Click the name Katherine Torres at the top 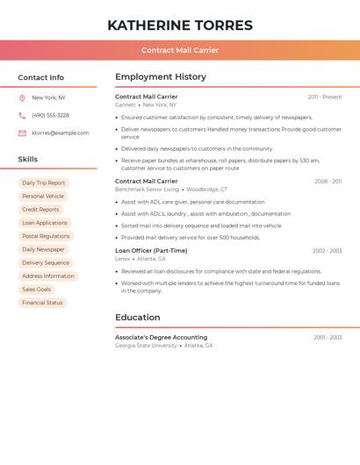(x=180, y=25)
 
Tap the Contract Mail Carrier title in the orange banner (x=180, y=50)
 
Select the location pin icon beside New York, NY (x=22, y=98)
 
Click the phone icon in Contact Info (x=22, y=116)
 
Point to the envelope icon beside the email (x=22, y=133)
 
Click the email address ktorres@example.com (x=60, y=133)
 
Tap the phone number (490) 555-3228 (x=50, y=116)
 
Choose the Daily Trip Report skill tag (x=44, y=183)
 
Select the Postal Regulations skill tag (x=46, y=236)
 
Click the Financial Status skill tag (x=42, y=303)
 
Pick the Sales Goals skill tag (x=37, y=290)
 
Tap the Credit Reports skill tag (x=40, y=210)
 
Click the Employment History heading (x=161, y=77)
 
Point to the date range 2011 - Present (x=325, y=97)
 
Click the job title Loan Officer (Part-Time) (x=151, y=251)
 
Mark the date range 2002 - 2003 (x=327, y=251)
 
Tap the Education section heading (x=138, y=318)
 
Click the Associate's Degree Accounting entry (x=162, y=338)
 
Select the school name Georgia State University (x=146, y=346)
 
